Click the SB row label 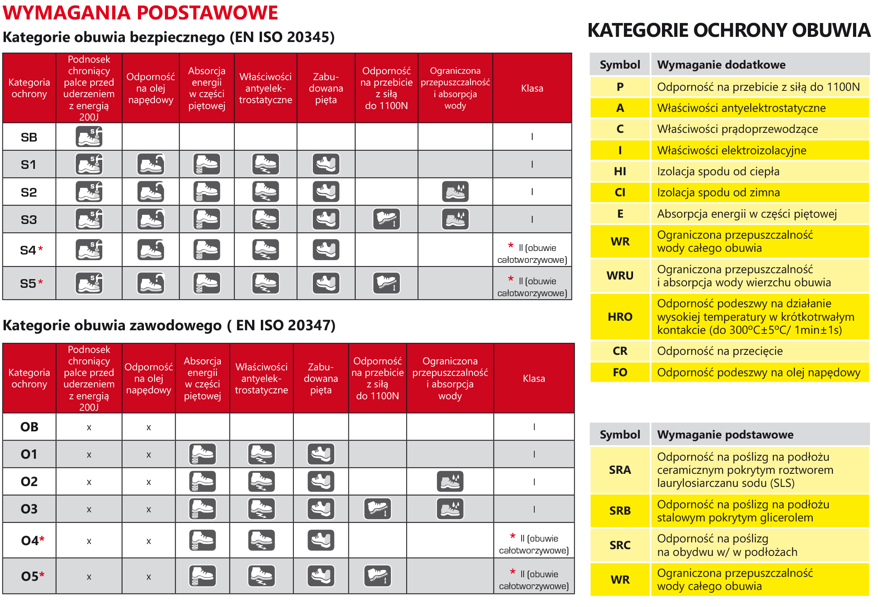pyautogui.click(x=29, y=137)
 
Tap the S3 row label pyautogui.click(x=29, y=220)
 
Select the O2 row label pyautogui.click(x=29, y=482)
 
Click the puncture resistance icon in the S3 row pyautogui.click(x=386, y=219)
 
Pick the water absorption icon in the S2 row pyautogui.click(x=455, y=192)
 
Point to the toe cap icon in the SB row pyautogui.click(x=89, y=137)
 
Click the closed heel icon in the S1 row pyautogui.click(x=326, y=164)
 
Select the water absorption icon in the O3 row pyautogui.click(x=450, y=509)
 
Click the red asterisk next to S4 pyautogui.click(x=40, y=249)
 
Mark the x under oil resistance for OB pyautogui.click(x=149, y=427)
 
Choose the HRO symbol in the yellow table pyautogui.click(x=620, y=317)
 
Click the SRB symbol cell pyautogui.click(x=620, y=511)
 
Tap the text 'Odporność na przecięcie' pyautogui.click(x=720, y=351)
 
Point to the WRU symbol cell pyautogui.click(x=620, y=276)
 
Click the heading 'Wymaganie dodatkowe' pyautogui.click(x=721, y=65)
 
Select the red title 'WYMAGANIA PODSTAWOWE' pyautogui.click(x=140, y=13)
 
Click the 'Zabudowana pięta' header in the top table pyautogui.click(x=326, y=88)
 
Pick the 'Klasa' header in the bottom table pyautogui.click(x=534, y=379)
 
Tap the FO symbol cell pyautogui.click(x=620, y=372)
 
